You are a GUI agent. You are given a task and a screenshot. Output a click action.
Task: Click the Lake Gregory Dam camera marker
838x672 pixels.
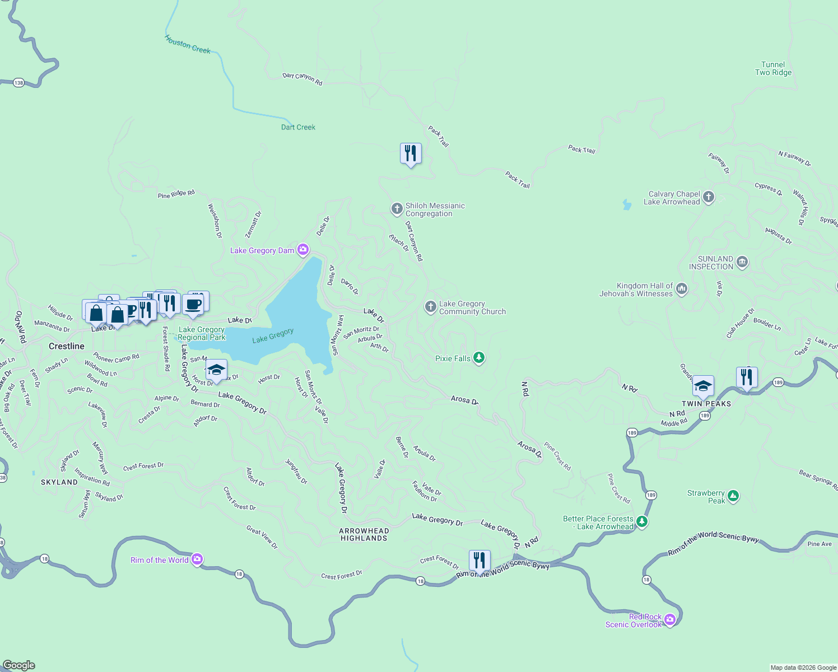[303, 250]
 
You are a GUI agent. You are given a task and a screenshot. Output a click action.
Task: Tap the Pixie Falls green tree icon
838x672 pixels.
[478, 358]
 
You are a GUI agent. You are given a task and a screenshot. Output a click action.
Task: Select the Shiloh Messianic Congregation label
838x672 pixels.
[435, 209]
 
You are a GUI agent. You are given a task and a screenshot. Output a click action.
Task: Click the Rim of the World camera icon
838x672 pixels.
[197, 559]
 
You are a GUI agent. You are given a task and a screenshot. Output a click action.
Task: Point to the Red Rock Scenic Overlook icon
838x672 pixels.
[670, 620]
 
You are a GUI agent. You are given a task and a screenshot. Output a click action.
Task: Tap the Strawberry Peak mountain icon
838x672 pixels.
[733, 496]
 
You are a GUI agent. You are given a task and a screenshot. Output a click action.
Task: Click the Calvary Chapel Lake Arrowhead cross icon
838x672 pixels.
[709, 197]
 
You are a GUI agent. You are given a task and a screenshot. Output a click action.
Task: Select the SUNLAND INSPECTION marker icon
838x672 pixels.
[742, 262]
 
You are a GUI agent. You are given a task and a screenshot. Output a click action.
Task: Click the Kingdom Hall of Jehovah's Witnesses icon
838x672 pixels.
[682, 289]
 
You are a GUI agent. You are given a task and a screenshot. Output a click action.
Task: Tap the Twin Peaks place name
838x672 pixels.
[706, 404]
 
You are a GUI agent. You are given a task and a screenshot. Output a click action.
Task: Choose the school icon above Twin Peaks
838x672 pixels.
[703, 386]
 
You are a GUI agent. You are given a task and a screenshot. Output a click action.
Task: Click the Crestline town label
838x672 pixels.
[67, 346]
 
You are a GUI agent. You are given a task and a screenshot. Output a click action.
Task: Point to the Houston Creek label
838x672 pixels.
[188, 45]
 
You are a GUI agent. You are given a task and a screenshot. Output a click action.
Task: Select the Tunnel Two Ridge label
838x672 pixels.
[773, 68]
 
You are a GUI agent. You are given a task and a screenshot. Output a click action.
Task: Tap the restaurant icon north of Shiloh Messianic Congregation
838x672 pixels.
[411, 153]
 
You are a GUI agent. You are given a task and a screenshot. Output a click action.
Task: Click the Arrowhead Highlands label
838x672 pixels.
[364, 534]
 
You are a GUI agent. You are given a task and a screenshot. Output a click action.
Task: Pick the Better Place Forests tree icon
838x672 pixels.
[642, 522]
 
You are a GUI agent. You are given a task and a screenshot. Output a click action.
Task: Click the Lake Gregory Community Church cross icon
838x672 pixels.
[430, 307]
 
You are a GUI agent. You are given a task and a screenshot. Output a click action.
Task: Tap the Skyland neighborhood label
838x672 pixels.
[59, 482]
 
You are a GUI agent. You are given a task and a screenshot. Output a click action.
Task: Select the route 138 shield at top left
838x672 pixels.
[19, 83]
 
